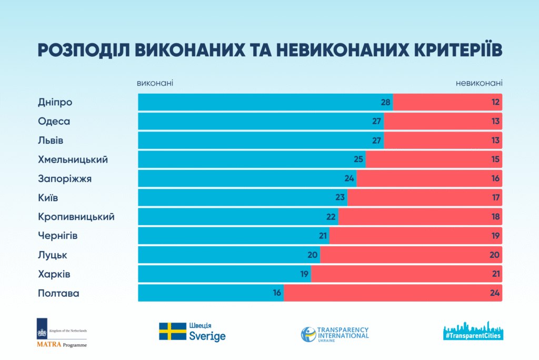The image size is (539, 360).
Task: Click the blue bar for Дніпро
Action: point(265,102)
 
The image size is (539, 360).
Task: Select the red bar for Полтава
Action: point(393,293)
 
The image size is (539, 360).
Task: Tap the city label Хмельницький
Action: point(73,159)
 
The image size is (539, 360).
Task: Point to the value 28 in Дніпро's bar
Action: point(385,102)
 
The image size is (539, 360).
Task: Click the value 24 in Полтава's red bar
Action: point(495,293)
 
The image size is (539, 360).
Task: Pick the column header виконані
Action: point(155,83)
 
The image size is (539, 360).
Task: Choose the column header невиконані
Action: point(479,83)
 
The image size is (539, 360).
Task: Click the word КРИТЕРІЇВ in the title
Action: point(458,50)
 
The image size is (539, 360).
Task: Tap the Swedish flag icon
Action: point(173,332)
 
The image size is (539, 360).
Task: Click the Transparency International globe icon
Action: point(308,334)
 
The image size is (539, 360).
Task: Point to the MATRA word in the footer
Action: point(49,345)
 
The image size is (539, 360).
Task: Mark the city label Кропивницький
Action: point(76,217)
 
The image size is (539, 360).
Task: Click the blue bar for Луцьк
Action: point(229,255)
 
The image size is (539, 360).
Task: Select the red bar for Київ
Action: point(425,197)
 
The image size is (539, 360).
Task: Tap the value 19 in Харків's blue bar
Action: point(304,274)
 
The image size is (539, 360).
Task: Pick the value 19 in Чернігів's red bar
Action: point(495,236)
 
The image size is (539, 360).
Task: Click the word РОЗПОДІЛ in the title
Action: point(84,50)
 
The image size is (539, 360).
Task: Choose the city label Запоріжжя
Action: point(65,179)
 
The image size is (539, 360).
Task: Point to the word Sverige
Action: point(207,336)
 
